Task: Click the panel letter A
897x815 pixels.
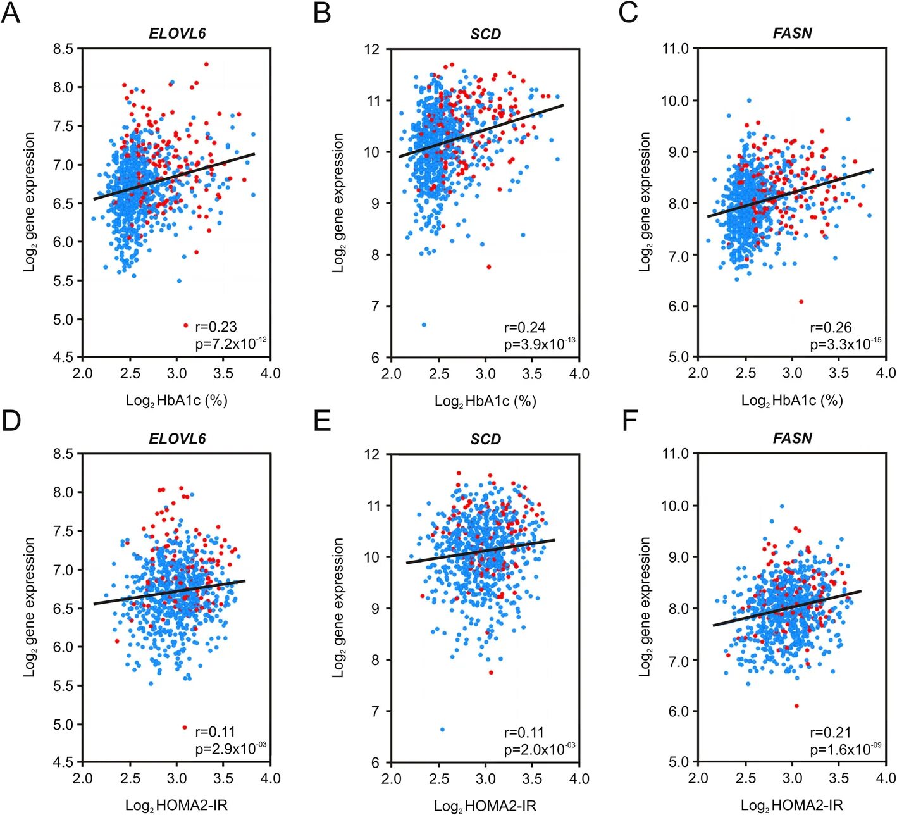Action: (x=11, y=13)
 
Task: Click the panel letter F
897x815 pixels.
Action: (x=629, y=420)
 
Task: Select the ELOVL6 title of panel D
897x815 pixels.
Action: (x=177, y=439)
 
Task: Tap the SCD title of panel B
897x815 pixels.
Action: (x=485, y=34)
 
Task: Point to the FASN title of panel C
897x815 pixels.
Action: (x=792, y=34)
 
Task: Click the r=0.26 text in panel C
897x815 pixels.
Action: (x=831, y=327)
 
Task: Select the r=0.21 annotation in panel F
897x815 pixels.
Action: (x=831, y=732)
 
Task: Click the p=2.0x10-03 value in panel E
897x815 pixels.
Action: (x=539, y=749)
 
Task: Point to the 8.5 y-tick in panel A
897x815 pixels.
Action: (x=63, y=49)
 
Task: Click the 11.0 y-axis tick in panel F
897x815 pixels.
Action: (x=675, y=454)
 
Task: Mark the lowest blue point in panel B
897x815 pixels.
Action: (x=424, y=325)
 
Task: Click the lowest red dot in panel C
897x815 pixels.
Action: (x=801, y=302)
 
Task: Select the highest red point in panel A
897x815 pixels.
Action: (x=206, y=64)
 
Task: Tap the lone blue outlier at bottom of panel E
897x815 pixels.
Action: (x=442, y=730)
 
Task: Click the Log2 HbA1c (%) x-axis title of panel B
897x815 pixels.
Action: (x=485, y=401)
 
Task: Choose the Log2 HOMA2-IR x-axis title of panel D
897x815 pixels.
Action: (x=176, y=806)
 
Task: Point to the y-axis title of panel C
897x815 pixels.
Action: (x=645, y=202)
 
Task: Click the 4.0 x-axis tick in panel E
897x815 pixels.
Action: (x=579, y=778)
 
